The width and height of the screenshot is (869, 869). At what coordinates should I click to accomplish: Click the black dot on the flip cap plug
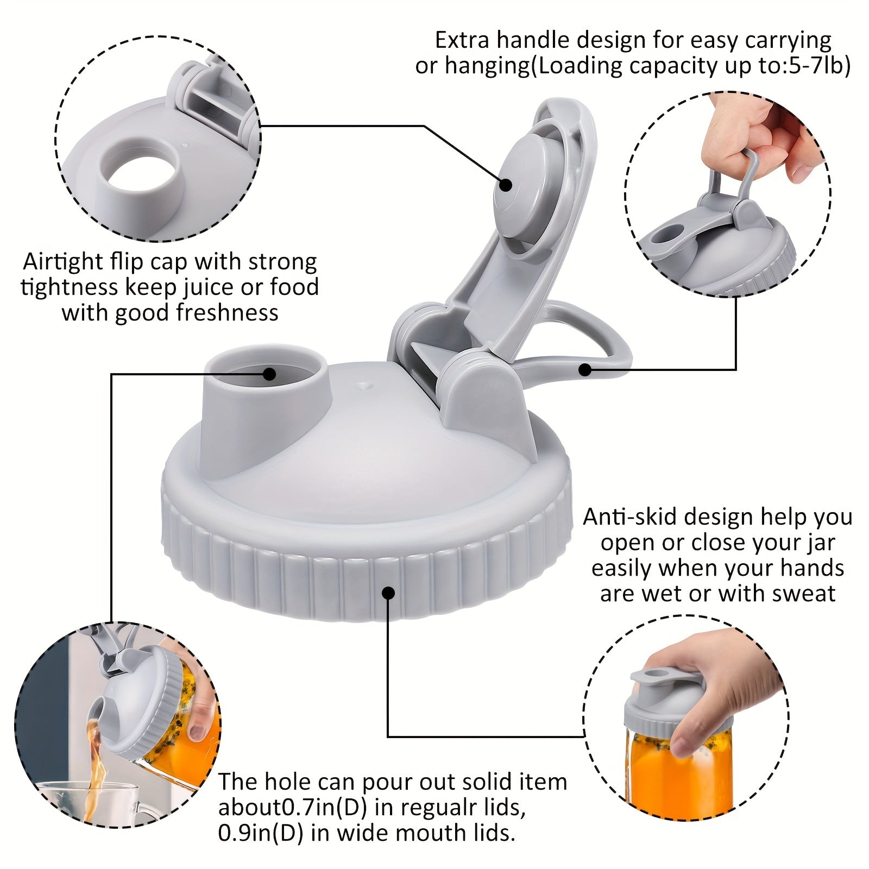[506, 184]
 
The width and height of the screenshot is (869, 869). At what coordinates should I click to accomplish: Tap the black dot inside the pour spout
[269, 373]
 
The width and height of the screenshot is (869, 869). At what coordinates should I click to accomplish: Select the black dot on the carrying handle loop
[584, 370]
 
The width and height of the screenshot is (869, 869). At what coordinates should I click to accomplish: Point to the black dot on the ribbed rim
[388, 593]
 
